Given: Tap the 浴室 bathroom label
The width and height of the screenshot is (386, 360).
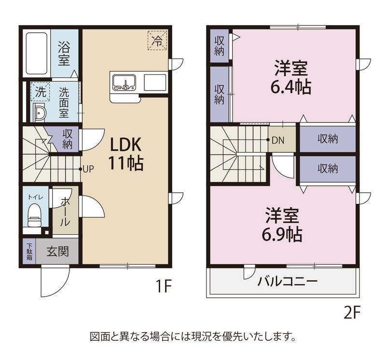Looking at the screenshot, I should (64, 54).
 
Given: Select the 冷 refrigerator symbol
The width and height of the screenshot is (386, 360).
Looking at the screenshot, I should (157, 40).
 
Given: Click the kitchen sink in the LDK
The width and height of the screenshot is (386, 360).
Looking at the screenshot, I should (124, 82).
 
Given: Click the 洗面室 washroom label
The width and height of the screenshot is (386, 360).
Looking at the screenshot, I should (64, 103).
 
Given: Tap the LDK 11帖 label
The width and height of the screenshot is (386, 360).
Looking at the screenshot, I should (125, 153).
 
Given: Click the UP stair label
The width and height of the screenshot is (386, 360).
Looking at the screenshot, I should (88, 169).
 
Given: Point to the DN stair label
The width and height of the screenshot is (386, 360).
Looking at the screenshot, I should (277, 140).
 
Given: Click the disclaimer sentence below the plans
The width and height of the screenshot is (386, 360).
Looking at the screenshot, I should (193, 335).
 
